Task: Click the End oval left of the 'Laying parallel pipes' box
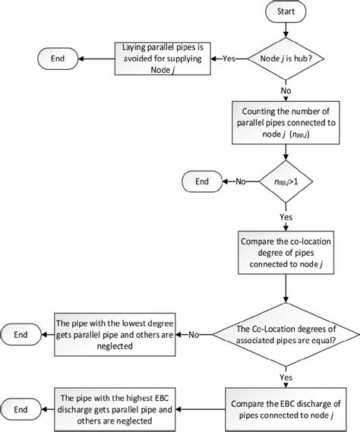(58, 58)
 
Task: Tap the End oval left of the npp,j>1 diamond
(201, 181)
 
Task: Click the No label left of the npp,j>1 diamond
(241, 181)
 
